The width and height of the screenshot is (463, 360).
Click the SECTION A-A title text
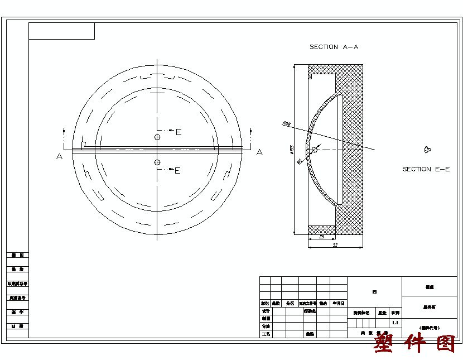tap(334, 47)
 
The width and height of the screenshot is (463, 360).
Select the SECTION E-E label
tap(426, 169)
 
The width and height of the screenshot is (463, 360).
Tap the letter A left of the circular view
tap(59, 156)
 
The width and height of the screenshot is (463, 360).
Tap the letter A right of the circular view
tap(259, 152)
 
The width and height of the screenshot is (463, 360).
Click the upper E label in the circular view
tap(179, 132)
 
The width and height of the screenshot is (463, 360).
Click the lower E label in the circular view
tap(177, 171)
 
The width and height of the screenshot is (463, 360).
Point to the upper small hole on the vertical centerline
tap(157, 137)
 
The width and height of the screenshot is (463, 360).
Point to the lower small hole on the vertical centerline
tap(157, 162)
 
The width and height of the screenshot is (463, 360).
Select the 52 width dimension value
tap(335, 245)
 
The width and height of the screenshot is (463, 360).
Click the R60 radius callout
tap(287, 124)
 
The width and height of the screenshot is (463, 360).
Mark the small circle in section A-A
tap(315, 149)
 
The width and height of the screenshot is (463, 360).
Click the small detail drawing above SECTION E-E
tap(427, 149)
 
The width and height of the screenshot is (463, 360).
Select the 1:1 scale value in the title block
tap(396, 323)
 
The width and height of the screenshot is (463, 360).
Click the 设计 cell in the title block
tap(266, 311)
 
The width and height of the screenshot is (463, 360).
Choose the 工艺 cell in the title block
tap(266, 334)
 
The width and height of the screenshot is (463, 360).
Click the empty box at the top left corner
tap(61, 31)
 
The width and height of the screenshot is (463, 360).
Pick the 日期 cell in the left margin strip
tap(17, 326)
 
